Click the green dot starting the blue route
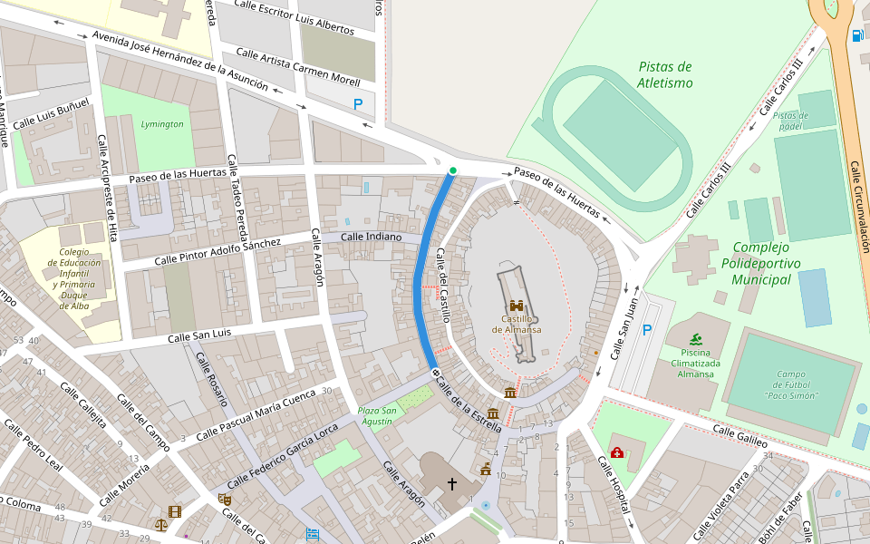pos(452,170)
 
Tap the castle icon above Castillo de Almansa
pos(517,306)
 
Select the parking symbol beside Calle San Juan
pos(646,330)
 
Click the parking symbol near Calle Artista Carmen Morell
pos(358,105)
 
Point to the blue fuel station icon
pos(857,35)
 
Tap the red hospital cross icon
pos(617,452)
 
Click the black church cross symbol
pos(451,484)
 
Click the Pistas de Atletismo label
pos(665,74)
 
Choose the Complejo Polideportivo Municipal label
pos(761,263)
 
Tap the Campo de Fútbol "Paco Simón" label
pos(791,384)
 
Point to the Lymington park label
pos(162,124)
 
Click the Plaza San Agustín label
pos(374,416)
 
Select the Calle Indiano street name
pos(371,237)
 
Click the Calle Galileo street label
pos(740,437)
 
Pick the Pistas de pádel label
pos(790,121)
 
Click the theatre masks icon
pos(225,500)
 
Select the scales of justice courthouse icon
pos(161,523)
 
